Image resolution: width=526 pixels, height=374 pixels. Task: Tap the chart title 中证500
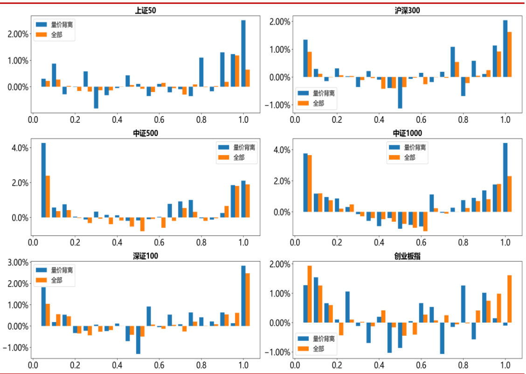(145, 134)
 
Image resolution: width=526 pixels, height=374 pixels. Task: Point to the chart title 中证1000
(407, 134)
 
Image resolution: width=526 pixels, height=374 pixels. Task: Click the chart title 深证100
(145, 256)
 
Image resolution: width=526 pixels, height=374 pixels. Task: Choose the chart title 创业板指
(407, 256)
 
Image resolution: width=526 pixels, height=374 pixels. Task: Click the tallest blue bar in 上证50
(243, 53)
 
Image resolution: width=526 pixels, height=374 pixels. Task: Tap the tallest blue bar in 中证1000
(505, 177)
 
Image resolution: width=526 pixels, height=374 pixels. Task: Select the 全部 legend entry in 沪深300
(317, 103)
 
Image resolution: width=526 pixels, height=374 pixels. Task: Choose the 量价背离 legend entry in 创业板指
(317, 339)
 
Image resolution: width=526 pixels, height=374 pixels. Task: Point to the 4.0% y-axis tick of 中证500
(20, 148)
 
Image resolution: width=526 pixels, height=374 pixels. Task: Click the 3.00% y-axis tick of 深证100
(17, 262)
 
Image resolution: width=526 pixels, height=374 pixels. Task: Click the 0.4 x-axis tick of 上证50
(117, 120)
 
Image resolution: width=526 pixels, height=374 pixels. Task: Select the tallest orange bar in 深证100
(248, 299)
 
